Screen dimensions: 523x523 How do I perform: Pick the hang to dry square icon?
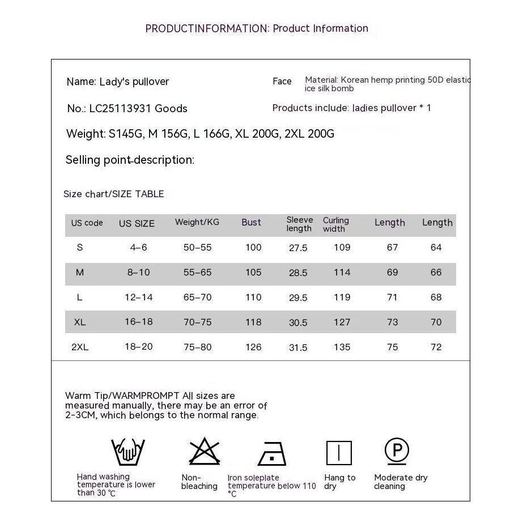339,453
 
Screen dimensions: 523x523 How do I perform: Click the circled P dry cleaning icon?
397,451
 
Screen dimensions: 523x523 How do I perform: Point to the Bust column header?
251,223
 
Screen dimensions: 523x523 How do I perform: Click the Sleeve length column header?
299,224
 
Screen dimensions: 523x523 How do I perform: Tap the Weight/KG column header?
197,222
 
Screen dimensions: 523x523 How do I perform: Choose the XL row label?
80,322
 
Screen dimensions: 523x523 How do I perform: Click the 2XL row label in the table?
80,347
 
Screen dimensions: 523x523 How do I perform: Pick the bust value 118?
253,322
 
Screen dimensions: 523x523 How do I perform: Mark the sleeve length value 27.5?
298,248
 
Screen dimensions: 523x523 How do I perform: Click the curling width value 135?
342,347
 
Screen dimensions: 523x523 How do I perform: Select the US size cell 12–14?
139,297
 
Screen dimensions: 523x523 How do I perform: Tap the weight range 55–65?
197,272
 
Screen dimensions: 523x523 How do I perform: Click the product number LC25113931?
121,108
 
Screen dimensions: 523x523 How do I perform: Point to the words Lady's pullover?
134,82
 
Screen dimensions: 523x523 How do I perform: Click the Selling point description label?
130,160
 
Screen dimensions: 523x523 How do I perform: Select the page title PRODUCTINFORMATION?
206,28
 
